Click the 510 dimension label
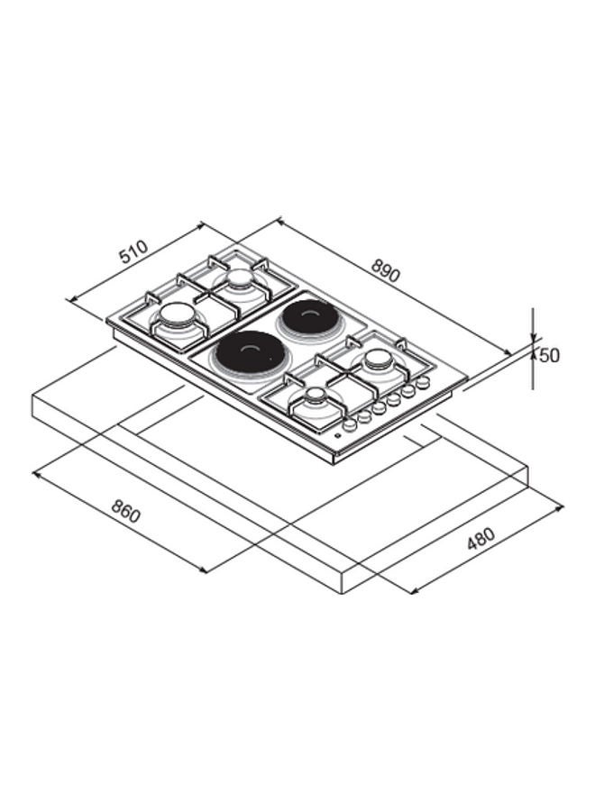[133, 251]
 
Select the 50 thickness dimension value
[549, 356]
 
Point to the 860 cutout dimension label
[125, 510]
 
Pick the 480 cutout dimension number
[481, 539]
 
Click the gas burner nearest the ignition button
[314, 399]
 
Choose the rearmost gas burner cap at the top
[239, 278]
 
